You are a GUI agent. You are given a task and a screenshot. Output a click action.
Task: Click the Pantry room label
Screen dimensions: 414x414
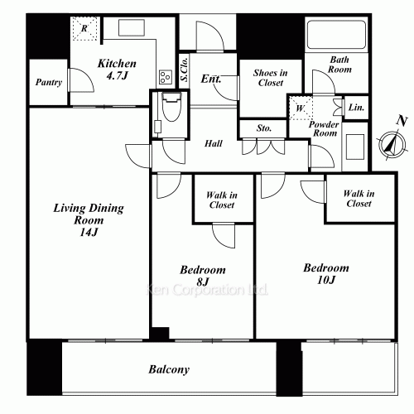tap(49, 82)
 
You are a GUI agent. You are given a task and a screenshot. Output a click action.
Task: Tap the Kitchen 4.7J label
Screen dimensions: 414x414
tap(117, 70)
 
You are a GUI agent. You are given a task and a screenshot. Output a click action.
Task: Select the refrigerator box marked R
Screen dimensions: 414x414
tap(85, 29)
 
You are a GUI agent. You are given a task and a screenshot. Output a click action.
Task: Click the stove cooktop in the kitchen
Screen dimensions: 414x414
tap(166, 77)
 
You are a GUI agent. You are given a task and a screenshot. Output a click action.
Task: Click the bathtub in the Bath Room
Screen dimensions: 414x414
tap(336, 34)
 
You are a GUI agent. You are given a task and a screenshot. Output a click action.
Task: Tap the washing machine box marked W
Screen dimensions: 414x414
tap(301, 108)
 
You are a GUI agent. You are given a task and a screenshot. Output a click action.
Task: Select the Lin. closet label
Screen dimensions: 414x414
tap(356, 108)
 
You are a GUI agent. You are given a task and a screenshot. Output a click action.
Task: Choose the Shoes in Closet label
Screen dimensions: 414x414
tap(271, 78)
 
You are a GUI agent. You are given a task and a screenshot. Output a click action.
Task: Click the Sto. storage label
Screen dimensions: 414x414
tap(264, 128)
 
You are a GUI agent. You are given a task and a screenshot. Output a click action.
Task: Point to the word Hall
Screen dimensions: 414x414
tap(214, 143)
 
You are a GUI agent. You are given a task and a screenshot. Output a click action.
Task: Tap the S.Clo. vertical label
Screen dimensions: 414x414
tap(185, 70)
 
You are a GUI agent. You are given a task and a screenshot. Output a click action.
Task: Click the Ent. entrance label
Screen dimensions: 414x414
tap(211, 79)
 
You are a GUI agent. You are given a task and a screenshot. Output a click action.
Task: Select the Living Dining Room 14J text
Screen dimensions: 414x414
tap(89, 220)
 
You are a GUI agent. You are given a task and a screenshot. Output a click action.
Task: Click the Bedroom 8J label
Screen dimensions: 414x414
tap(203, 276)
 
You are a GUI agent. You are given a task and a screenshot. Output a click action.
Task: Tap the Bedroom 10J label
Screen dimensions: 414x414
tap(326, 274)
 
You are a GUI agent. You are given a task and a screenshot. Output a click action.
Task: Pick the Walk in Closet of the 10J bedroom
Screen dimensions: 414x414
tap(359, 199)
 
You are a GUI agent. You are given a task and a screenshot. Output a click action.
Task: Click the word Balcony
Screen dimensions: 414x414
tap(169, 369)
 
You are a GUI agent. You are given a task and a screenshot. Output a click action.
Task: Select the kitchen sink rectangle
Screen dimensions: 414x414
tap(132, 27)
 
